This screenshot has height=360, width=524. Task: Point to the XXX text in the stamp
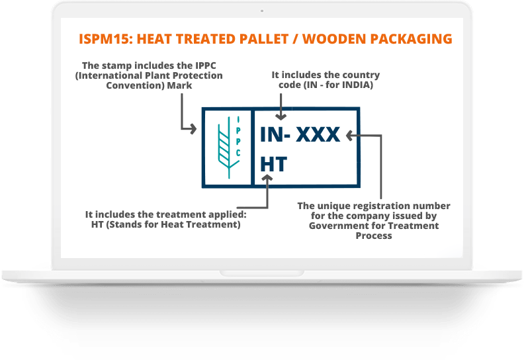pos(318,135)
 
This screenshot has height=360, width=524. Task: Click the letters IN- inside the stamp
pos(275,135)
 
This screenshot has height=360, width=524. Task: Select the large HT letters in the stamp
pos(273,164)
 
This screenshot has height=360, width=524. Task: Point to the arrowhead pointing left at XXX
pos(351,136)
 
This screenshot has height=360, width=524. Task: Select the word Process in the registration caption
pos(373,236)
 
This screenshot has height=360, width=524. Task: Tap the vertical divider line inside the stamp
pos(253,147)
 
